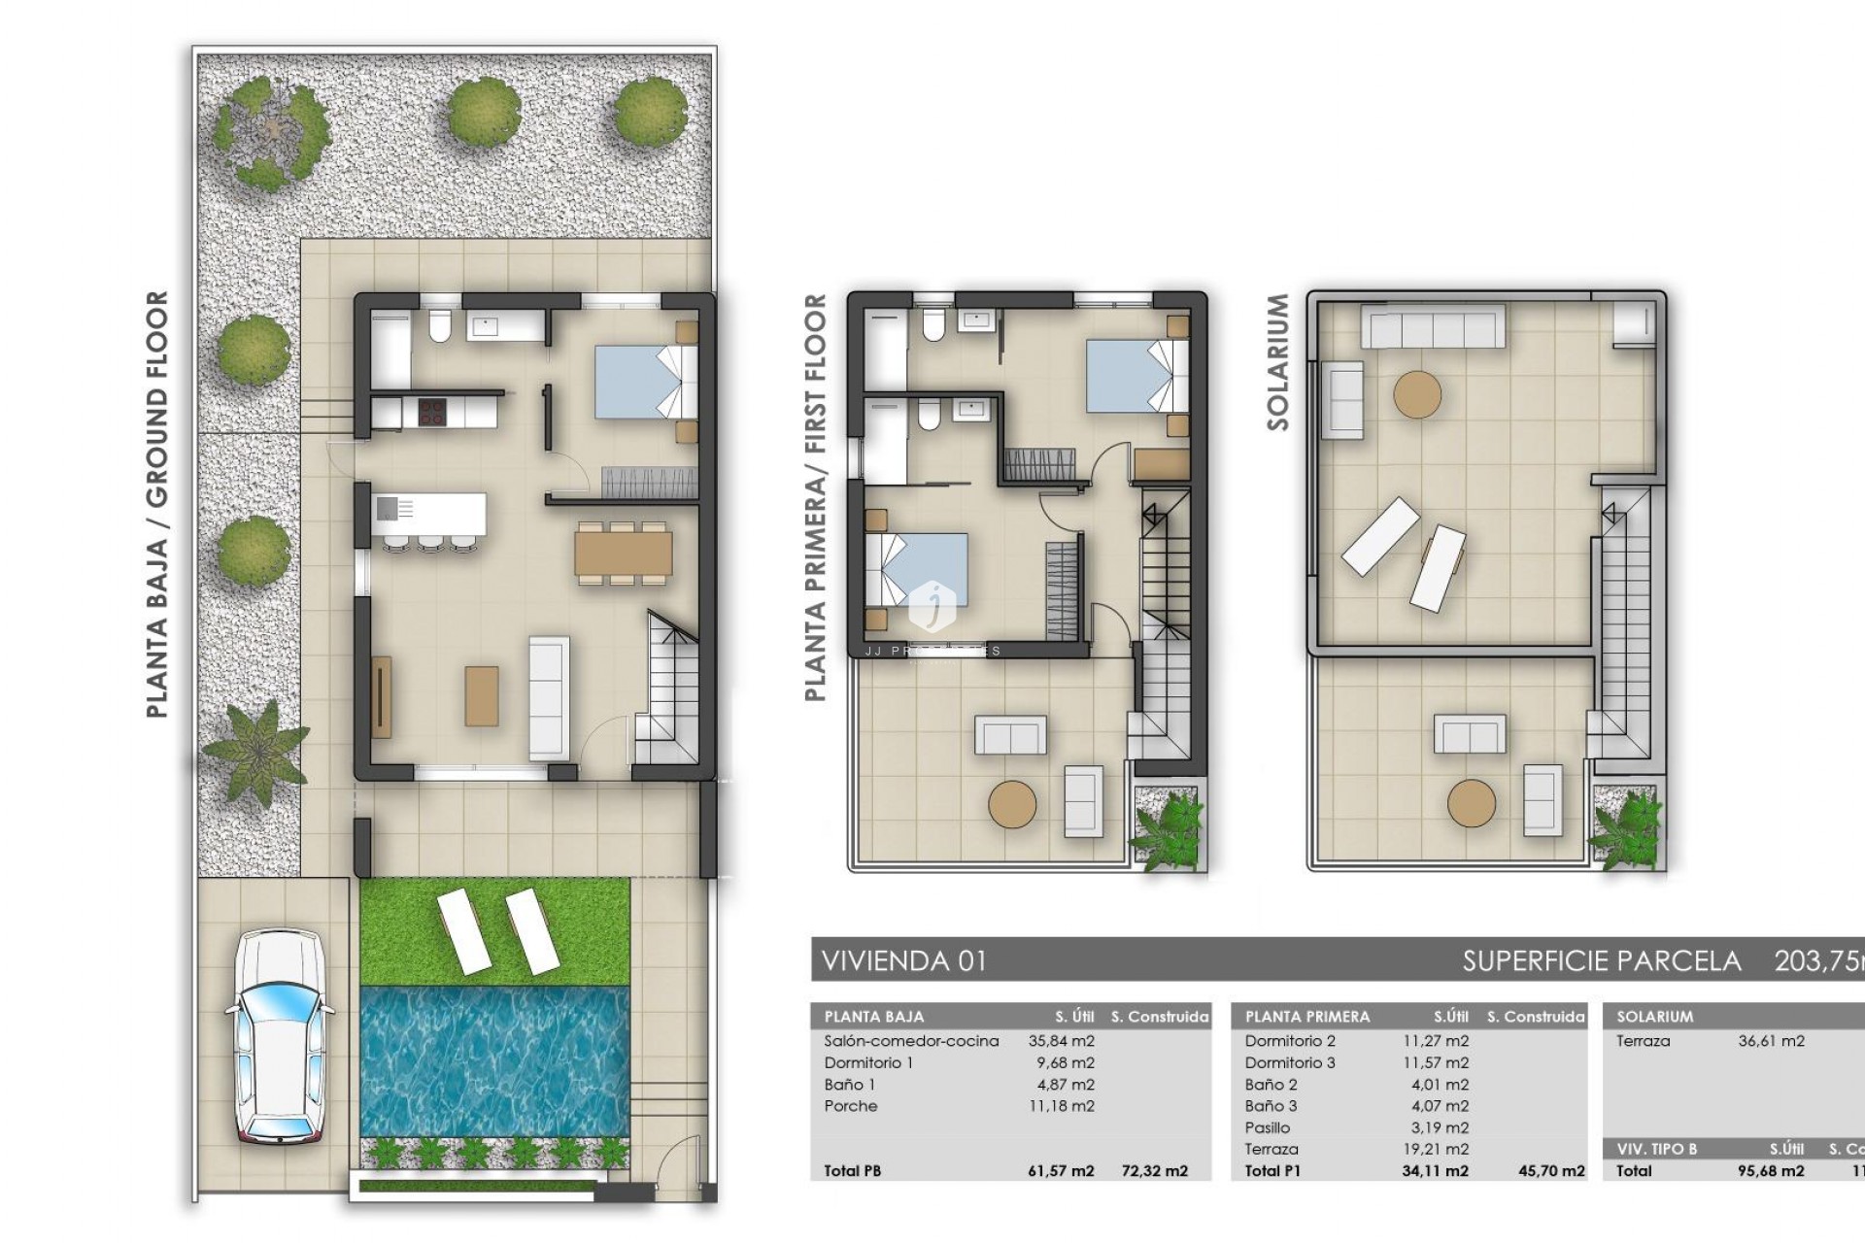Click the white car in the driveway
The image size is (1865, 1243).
(280, 1036)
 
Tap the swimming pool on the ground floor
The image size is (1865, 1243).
(494, 1060)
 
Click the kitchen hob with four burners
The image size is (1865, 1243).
(431, 412)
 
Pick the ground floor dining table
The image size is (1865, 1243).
(623, 553)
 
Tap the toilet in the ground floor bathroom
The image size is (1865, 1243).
(439, 326)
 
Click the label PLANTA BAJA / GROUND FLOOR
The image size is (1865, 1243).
(157, 504)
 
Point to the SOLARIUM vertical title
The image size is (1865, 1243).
(1277, 362)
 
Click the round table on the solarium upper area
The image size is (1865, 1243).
(1417, 395)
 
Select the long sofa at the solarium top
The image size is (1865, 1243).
(1433, 326)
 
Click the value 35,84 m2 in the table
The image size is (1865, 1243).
(1061, 1041)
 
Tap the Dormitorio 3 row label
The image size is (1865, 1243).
(1290, 1062)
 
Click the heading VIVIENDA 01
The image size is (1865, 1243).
(904, 961)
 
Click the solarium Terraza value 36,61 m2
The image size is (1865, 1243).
(1771, 1041)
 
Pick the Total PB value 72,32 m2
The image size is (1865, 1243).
(1154, 1171)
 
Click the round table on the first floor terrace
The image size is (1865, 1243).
(1012, 804)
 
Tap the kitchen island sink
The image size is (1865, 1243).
(387, 508)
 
